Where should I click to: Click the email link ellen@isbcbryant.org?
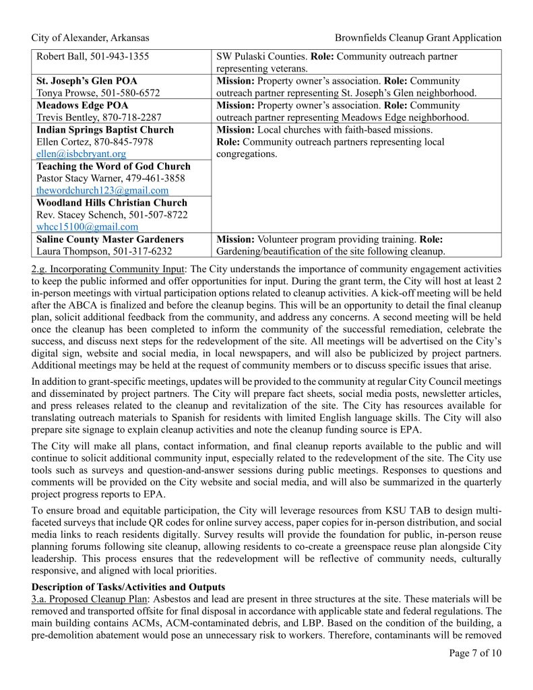tap(81, 154)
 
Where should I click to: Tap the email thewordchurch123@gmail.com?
tap(102, 191)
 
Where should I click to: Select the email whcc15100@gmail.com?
tap(88, 227)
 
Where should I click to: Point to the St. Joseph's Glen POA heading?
tap(87, 81)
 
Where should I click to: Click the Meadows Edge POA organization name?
tap(82, 106)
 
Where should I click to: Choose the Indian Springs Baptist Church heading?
tap(104, 130)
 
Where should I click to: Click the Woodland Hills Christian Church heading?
tap(112, 203)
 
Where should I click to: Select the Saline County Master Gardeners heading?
tap(110, 239)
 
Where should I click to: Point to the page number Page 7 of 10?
tap(475, 652)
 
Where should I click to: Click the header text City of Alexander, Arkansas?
tap(90, 38)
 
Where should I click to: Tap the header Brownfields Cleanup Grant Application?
tap(418, 38)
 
